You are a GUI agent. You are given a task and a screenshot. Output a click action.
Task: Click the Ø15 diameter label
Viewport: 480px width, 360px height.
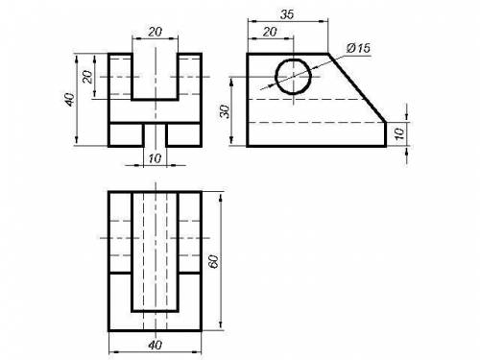358,48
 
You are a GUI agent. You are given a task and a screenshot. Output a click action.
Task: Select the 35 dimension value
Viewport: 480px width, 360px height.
287,14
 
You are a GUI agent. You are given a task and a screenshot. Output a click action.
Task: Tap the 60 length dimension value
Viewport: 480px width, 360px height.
213,261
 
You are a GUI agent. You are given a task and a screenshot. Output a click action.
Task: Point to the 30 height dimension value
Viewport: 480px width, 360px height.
226,111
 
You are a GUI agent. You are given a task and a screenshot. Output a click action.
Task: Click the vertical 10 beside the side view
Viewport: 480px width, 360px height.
399,134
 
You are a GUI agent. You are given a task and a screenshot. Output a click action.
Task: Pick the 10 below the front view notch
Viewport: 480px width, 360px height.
156,158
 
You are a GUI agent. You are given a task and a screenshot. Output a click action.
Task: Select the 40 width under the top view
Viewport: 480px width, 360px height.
156,345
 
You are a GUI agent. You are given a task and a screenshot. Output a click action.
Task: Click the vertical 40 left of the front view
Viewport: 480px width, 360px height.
69,100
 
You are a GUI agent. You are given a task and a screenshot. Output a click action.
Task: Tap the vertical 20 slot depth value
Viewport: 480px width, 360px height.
87,77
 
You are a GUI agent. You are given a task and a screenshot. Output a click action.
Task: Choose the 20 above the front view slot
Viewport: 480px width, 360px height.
156,32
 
